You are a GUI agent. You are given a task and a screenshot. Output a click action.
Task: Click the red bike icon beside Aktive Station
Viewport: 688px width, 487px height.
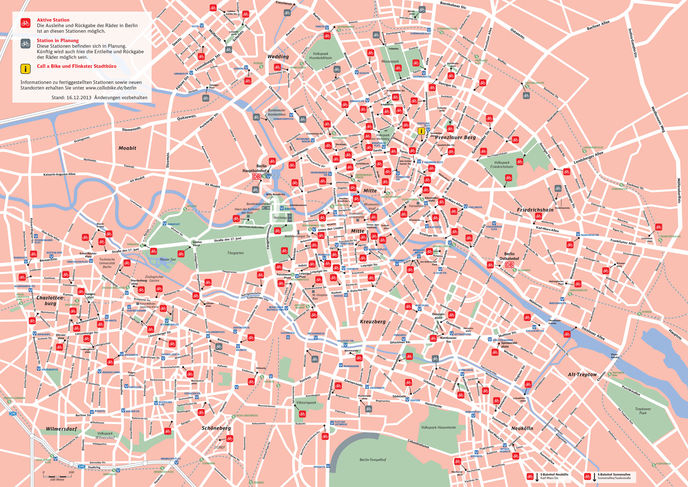tap(26, 23)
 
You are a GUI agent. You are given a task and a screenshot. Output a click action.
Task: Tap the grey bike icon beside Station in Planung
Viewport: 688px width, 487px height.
tap(26, 44)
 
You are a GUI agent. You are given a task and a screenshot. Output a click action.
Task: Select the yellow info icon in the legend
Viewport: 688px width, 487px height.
tap(26, 69)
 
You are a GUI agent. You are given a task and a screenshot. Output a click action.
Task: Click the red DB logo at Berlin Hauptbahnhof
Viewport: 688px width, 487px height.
tap(257, 177)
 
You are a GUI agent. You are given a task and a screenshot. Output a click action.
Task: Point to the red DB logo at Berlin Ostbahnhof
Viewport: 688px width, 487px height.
tap(509, 264)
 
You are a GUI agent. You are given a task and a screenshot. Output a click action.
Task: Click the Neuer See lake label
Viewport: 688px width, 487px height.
tap(168, 259)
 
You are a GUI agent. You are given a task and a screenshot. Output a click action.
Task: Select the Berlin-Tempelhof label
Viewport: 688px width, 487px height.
tap(373, 460)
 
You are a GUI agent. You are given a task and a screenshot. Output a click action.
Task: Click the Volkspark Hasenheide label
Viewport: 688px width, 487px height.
tap(438, 427)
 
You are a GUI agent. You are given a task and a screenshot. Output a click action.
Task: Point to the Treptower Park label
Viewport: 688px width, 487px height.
tap(643, 411)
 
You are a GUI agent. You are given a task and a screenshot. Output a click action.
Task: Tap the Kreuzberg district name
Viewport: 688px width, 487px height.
tap(373, 321)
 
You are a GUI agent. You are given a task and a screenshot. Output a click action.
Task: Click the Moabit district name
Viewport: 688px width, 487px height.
tap(127, 148)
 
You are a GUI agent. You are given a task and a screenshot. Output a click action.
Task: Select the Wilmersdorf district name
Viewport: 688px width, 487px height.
tap(61, 429)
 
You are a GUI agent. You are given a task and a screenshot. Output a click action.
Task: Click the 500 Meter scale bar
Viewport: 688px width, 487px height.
tap(57, 476)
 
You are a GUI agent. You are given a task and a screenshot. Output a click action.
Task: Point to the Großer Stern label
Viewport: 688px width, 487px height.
tap(197, 243)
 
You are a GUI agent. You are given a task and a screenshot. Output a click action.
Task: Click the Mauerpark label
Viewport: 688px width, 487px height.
tap(390, 61)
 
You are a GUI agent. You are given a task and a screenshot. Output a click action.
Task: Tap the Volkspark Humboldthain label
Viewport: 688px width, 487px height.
tap(320, 56)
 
